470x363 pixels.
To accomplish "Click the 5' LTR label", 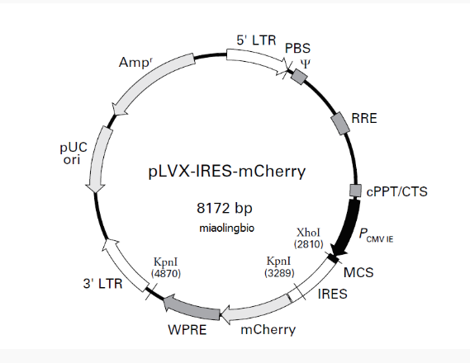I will (256, 39).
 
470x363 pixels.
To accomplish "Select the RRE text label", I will (364, 118).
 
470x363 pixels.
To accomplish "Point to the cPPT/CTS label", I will (396, 192).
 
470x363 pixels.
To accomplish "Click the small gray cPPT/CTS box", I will (356, 191).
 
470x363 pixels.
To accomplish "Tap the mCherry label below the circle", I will (268, 331).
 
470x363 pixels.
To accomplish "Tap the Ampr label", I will (135, 63).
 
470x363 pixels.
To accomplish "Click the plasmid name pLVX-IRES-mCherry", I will (226, 172).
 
